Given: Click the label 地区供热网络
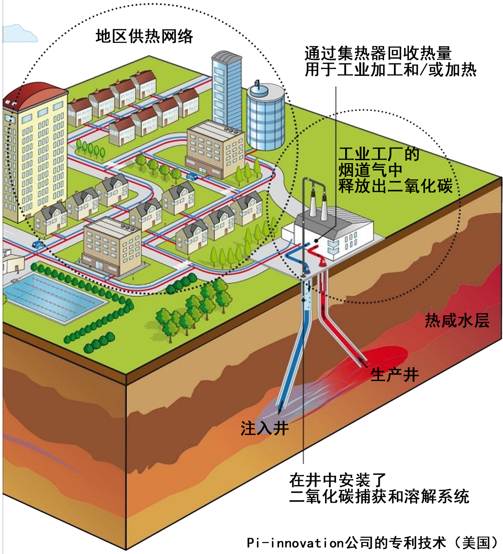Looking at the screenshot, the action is tap(144, 36).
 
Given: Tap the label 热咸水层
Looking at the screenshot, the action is tap(457, 320).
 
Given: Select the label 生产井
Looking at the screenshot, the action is tap(394, 375).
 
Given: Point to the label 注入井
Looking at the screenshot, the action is tap(265, 428).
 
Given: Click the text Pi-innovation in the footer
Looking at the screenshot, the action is tap(295, 542).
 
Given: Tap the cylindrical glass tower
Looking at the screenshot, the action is tap(266, 117).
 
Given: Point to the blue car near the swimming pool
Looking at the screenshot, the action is tap(38, 244).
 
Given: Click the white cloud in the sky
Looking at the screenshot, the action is tap(19, 34).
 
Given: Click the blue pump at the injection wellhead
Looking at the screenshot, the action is tap(306, 267).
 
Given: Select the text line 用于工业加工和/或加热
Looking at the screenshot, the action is tap(391, 70).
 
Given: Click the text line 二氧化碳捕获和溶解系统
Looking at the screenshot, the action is tap(379, 496).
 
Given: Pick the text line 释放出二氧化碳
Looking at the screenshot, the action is tap(395, 185).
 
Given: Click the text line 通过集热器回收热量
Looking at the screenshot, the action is tap(378, 53).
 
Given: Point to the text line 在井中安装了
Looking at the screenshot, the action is tap(338, 480).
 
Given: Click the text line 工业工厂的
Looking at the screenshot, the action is tap(379, 154).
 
